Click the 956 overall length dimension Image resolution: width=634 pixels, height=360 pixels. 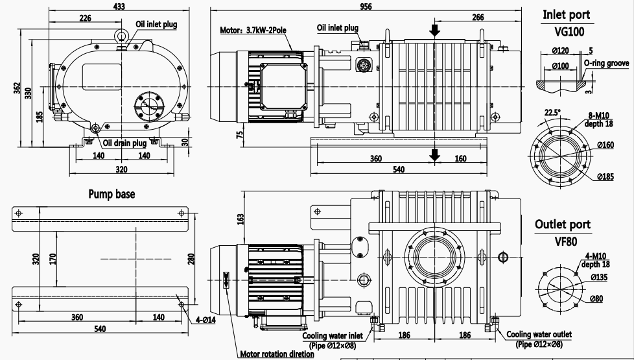point(366,5)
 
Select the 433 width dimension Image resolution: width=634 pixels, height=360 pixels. point(119,5)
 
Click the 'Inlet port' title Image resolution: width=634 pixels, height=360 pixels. point(566,14)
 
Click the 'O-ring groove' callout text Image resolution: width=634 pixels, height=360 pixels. point(606,63)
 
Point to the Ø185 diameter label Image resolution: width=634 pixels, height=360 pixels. point(605,176)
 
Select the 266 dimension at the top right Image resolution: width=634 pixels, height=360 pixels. point(477,18)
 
